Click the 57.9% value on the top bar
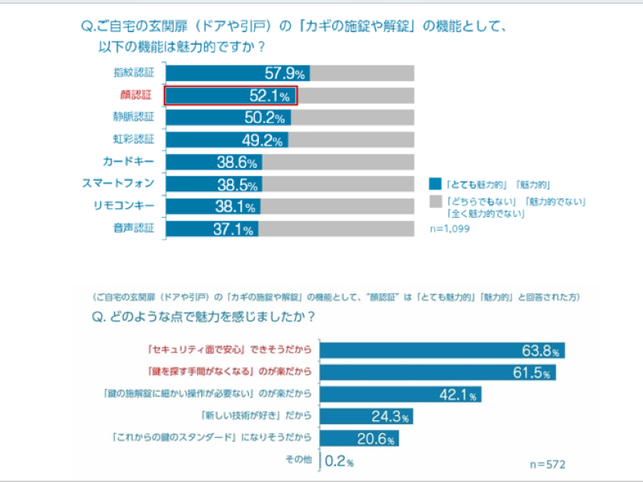coord(285,73)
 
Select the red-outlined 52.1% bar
coord(231,96)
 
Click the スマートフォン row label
coord(119,184)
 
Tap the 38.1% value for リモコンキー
coord(236,206)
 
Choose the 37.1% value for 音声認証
coord(234,229)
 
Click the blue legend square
coord(435,183)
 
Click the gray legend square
coord(435,200)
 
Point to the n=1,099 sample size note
coord(450,229)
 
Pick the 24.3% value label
coord(391,417)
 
